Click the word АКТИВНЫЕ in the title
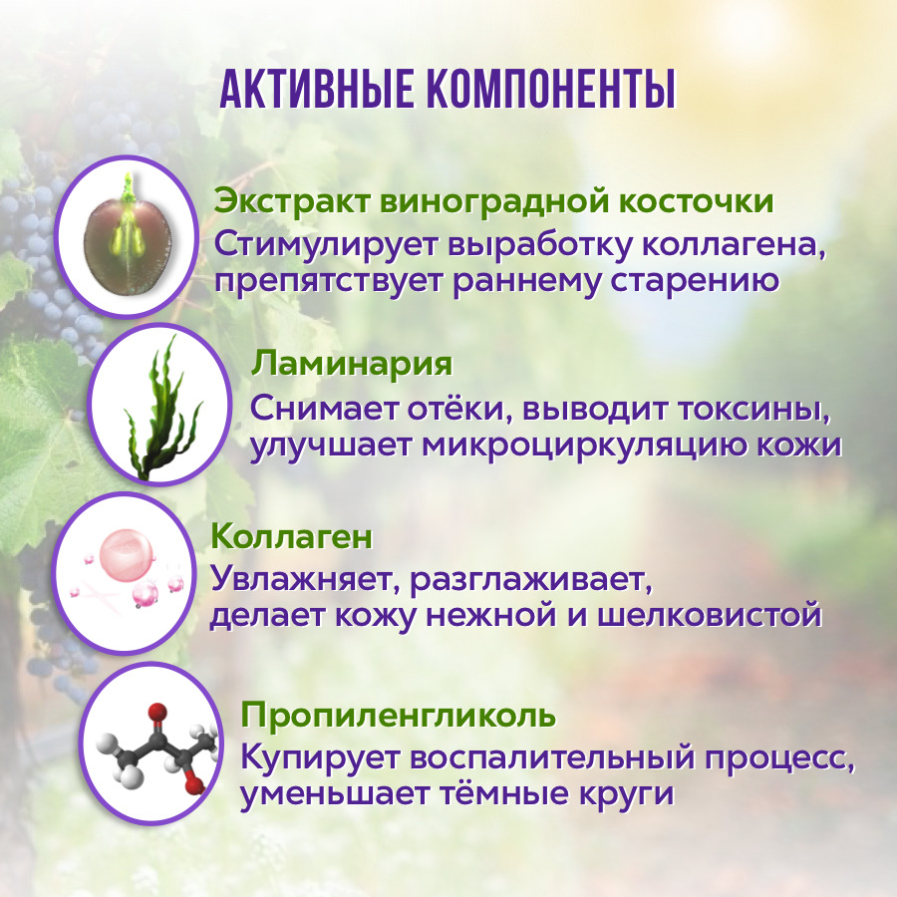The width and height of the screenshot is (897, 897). pyautogui.click(x=316, y=90)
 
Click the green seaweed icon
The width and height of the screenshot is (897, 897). pyautogui.click(x=163, y=408)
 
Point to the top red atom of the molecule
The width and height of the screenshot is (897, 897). pyautogui.click(x=157, y=713)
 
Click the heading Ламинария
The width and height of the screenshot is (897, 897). pyautogui.click(x=352, y=365)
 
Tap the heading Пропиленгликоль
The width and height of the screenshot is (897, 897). pyautogui.click(x=398, y=716)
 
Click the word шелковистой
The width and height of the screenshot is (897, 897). pyautogui.click(x=710, y=616)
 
